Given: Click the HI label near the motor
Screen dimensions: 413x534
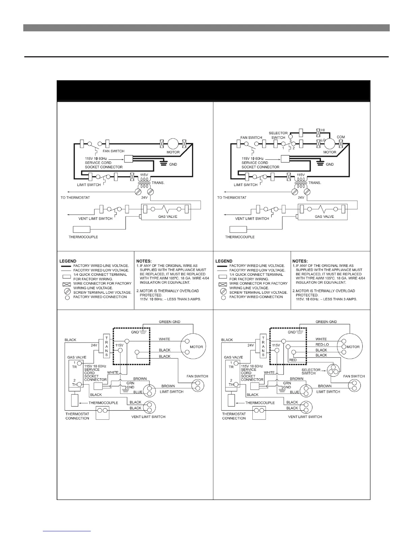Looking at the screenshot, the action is click(323, 130).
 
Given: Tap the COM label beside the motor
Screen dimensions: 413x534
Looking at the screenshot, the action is click(341, 137).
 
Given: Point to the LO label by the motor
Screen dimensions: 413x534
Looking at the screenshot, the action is click(323, 139).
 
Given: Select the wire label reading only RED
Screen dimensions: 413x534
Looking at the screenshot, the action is click(293, 360).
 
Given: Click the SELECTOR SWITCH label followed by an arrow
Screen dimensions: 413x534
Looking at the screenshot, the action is click(308, 371).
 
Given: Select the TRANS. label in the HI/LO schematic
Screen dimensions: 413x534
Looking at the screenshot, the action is click(315, 183).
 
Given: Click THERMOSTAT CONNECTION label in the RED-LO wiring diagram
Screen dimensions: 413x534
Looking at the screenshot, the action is click(234, 416).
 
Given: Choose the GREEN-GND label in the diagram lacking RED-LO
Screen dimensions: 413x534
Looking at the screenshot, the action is click(169, 322).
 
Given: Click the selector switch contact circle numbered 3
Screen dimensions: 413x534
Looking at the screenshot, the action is click(291, 136).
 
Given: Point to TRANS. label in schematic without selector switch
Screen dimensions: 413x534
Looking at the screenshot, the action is click(158, 183).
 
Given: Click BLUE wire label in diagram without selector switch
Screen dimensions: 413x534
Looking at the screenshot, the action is click(138, 392).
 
